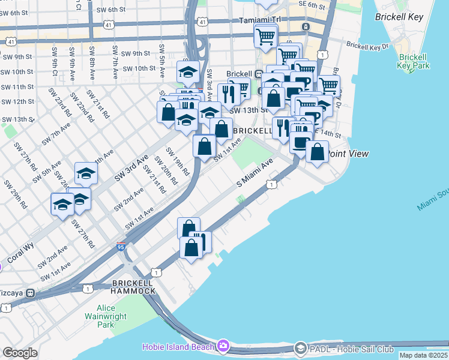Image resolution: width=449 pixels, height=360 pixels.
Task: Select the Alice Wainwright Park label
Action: click(97, 316)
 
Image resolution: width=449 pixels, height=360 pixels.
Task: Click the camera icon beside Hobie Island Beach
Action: click(223, 346)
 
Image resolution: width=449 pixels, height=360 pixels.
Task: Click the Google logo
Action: click(20, 353)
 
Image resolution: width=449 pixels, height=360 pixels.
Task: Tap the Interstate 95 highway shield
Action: click(121, 247)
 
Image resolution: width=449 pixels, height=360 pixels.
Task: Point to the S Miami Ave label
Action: click(255, 172)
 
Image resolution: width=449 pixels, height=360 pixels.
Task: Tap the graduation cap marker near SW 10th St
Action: click(188, 72)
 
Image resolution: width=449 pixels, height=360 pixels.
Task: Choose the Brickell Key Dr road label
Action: click(367, 45)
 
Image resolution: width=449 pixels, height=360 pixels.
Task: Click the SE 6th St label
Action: click(312, 6)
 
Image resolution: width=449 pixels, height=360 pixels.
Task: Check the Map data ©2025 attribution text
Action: click(423, 355)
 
